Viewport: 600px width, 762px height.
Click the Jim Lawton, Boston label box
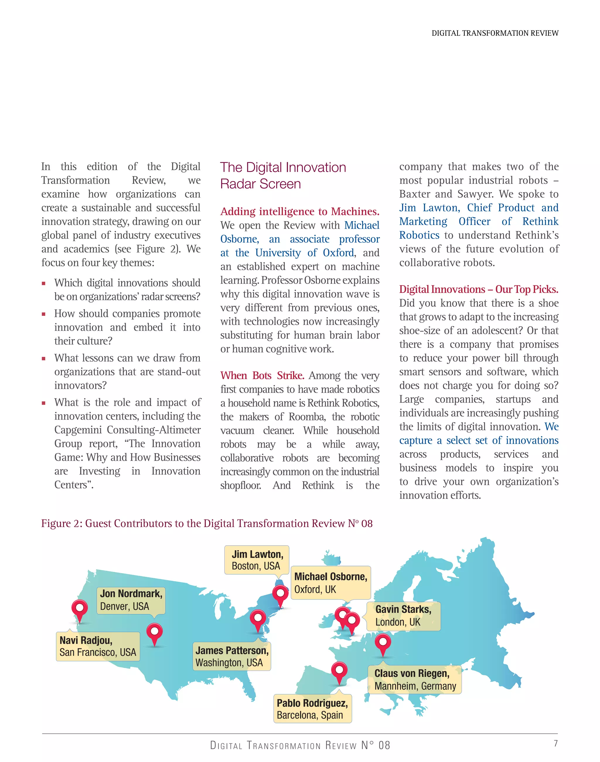257,560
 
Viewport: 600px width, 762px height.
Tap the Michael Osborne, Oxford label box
330,582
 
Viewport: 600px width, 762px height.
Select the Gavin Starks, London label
403,616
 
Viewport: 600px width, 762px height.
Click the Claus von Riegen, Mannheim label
415,679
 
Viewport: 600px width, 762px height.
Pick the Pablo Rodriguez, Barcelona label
312,709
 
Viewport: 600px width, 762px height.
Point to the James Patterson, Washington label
232,656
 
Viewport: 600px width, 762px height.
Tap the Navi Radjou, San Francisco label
98,646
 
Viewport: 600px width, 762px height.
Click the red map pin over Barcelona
339,670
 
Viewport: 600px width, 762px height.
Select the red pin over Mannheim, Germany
383,642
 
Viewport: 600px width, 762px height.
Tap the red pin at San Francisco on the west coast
80,608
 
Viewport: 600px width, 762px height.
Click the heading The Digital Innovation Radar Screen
283,175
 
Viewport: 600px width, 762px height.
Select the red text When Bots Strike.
262,376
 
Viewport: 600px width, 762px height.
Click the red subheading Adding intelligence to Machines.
300,212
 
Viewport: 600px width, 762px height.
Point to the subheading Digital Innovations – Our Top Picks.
478,289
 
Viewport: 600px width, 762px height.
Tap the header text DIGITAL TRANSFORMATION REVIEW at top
495,33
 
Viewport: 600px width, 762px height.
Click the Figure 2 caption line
207,524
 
